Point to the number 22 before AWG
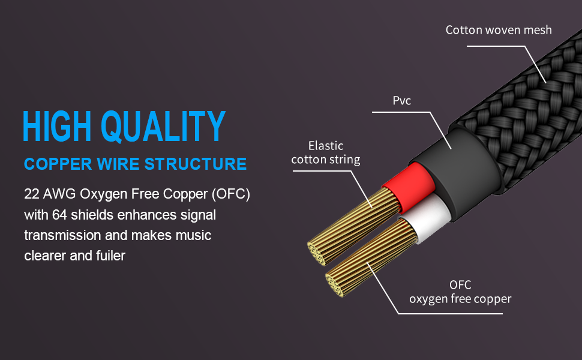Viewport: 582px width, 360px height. [32, 195]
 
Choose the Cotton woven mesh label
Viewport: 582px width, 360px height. [499, 29]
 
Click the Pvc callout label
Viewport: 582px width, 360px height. [402, 100]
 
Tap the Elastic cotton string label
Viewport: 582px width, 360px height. [326, 152]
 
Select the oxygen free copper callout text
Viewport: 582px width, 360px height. [460, 298]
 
